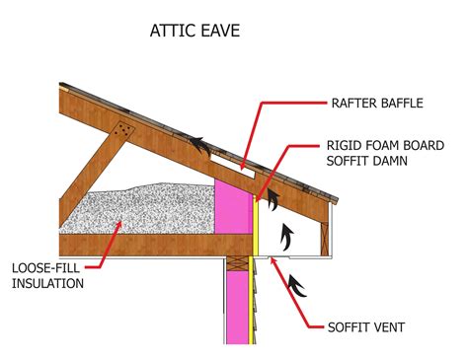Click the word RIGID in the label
click(x=352, y=139)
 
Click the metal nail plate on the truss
click(x=124, y=132)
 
